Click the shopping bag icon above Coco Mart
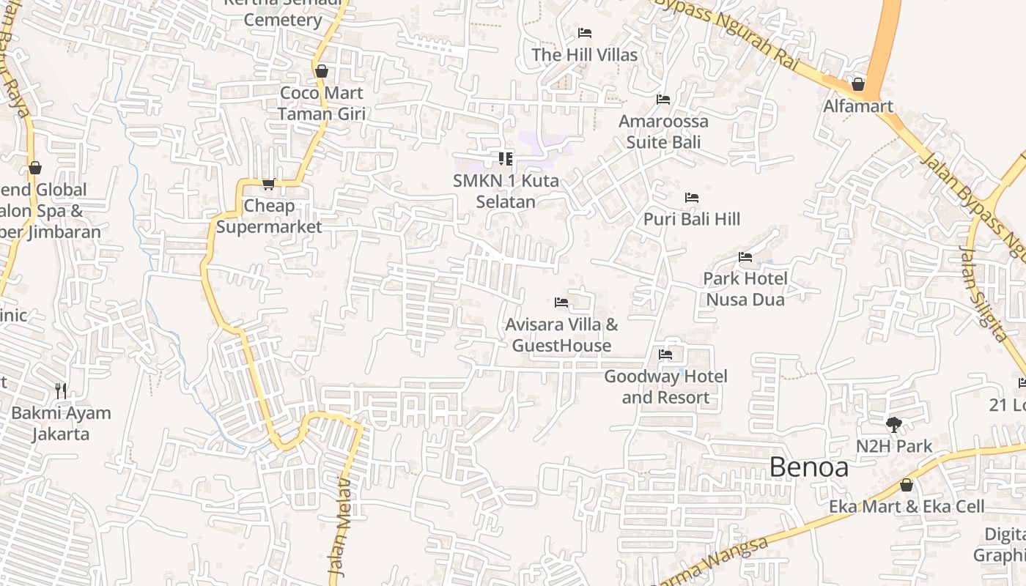321,71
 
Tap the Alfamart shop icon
858,85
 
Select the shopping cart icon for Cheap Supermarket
268,185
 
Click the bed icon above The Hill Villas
585,33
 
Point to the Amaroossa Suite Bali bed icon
663,100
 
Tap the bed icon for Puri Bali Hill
691,198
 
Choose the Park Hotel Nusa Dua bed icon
745,257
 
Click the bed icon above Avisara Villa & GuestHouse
561,303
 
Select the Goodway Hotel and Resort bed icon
665,355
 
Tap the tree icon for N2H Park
893,424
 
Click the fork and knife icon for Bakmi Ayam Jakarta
61,391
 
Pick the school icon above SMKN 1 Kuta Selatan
505,159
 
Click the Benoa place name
809,467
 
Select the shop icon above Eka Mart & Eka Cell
907,485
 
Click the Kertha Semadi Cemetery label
283,13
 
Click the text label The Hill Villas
585,55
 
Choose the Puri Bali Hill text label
692,219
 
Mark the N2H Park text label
894,446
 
